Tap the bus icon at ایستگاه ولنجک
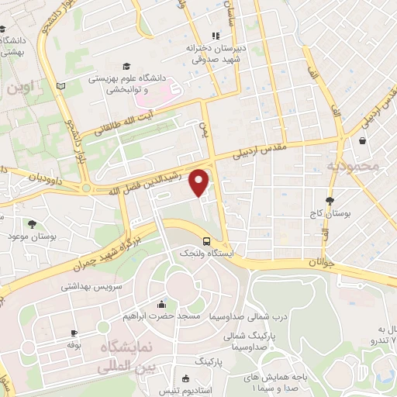pos(206,240)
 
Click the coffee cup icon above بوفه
pos(74,331)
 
